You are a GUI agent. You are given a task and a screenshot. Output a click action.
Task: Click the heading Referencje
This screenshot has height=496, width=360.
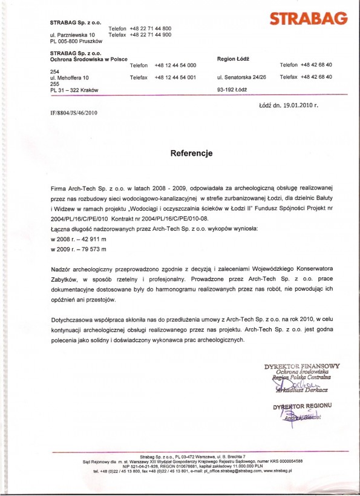point(192,154)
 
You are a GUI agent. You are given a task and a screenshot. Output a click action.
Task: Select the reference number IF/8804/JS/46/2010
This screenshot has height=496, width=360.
point(74,113)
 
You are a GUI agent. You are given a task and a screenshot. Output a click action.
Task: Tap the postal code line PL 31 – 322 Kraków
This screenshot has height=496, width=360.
point(75,90)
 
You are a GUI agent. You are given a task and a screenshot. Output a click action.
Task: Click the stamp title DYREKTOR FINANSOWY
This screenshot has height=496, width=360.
point(302,366)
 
